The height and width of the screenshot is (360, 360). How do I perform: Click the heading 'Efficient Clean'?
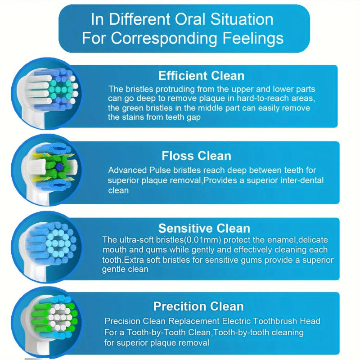[201, 75]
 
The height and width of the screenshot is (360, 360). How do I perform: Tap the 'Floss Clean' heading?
[196, 156]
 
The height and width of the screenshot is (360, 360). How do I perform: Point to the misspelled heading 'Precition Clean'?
[198, 306]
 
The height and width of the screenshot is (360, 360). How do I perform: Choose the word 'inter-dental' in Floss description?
[301, 180]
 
